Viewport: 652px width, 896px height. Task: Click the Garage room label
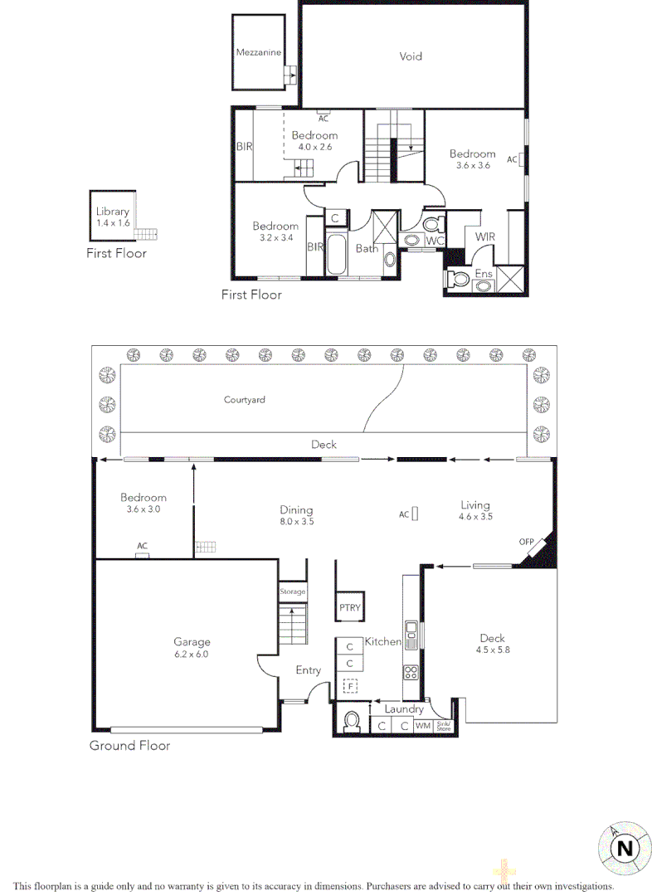pyautogui.click(x=192, y=647)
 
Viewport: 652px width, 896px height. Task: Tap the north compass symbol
pyautogui.click(x=624, y=847)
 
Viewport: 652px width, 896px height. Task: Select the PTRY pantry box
pyautogui.click(x=350, y=607)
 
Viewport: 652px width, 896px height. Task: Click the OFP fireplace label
pyautogui.click(x=527, y=543)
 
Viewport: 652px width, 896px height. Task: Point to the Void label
pyautogui.click(x=411, y=56)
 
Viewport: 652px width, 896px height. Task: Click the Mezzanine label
pyautogui.click(x=258, y=52)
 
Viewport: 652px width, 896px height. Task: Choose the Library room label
pyautogui.click(x=112, y=217)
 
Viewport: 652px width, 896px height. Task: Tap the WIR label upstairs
pyautogui.click(x=484, y=236)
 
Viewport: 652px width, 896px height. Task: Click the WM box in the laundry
pyautogui.click(x=422, y=726)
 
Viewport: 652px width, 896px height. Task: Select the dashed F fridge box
pyautogui.click(x=350, y=687)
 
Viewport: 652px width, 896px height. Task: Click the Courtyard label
pyautogui.click(x=245, y=400)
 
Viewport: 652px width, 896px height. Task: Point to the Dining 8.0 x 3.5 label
pyautogui.click(x=296, y=515)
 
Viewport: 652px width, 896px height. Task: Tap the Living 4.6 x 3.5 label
pyautogui.click(x=475, y=510)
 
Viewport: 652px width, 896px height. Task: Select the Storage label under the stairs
pyautogui.click(x=292, y=592)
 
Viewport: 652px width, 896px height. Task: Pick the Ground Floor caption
pyautogui.click(x=129, y=746)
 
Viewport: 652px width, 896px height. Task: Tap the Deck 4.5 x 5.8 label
pyautogui.click(x=492, y=644)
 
